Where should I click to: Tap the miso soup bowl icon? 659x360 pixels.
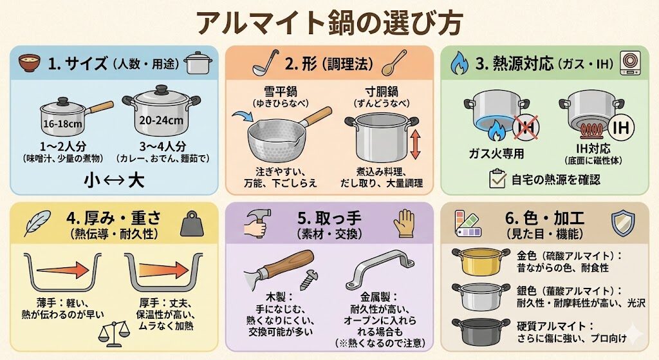click(30, 63)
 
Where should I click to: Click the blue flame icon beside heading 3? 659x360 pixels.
click(459, 63)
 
